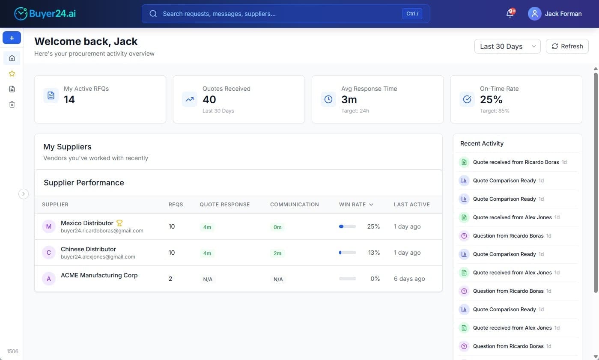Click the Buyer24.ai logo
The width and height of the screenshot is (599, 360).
45,14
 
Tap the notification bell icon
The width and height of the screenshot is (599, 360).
510,14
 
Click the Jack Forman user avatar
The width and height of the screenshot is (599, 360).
534,14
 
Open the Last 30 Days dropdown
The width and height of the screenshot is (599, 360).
507,46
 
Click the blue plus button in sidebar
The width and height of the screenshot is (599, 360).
12,38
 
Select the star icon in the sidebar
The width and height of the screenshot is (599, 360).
12,74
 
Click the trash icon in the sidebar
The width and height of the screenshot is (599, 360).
12,104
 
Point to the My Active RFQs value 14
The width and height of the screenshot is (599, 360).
69,100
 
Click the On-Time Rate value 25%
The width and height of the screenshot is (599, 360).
491,100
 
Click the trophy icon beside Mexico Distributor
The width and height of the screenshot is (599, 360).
119,223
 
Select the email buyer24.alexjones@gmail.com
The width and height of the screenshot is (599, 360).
98,257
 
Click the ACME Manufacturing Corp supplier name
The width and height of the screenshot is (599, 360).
99,275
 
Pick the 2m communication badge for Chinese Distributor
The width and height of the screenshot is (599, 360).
277,253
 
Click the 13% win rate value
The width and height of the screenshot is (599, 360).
374,253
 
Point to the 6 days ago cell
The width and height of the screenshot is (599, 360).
409,279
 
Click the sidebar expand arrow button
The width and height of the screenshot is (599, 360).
24,194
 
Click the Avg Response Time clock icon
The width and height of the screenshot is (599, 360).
328,99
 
